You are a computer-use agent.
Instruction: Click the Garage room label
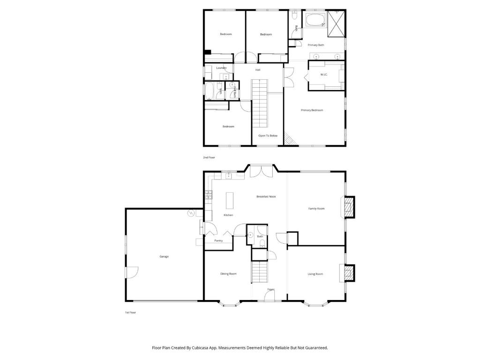pyautogui.click(x=164, y=256)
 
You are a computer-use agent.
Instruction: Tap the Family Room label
pyautogui.click(x=316, y=209)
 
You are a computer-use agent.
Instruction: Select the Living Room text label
pyautogui.click(x=315, y=274)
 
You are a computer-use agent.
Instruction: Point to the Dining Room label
pyautogui.click(x=228, y=274)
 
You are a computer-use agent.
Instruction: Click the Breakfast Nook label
pyautogui.click(x=266, y=196)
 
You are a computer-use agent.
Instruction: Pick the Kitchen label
pyautogui.click(x=228, y=215)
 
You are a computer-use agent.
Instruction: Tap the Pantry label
pyautogui.click(x=218, y=240)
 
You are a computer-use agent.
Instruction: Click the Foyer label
pyautogui.click(x=271, y=290)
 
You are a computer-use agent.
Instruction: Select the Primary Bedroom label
pyautogui.click(x=312, y=110)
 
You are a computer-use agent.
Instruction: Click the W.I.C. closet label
pyautogui.click(x=323, y=75)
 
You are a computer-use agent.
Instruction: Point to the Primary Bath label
pyautogui.click(x=315, y=45)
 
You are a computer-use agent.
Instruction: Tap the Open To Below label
pyautogui.click(x=268, y=135)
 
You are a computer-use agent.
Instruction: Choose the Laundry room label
pyautogui.click(x=221, y=68)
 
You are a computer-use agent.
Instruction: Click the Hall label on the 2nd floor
pyautogui.click(x=258, y=70)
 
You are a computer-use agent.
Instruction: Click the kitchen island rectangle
pyautogui.click(x=230, y=200)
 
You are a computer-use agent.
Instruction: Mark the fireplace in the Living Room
pyautogui.click(x=348, y=273)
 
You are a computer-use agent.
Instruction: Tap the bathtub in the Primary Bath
pyautogui.click(x=315, y=21)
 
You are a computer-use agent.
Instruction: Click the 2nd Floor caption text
pyautogui.click(x=209, y=157)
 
